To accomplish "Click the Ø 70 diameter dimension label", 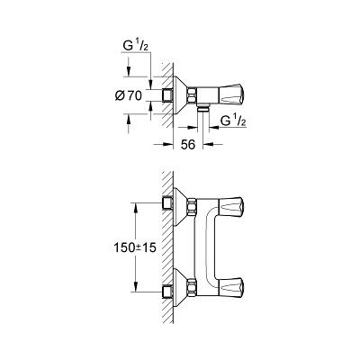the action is pyautogui.click(x=128, y=95).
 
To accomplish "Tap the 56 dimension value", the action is pyautogui.click(x=188, y=145).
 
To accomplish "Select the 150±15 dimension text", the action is pyautogui.click(x=135, y=247).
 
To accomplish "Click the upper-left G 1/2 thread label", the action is pyautogui.click(x=136, y=47).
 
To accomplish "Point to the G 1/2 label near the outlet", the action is pyautogui.click(x=233, y=121).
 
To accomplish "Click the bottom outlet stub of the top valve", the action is pyautogui.click(x=203, y=108).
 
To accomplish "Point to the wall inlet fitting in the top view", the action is pyautogui.click(x=167, y=95).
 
